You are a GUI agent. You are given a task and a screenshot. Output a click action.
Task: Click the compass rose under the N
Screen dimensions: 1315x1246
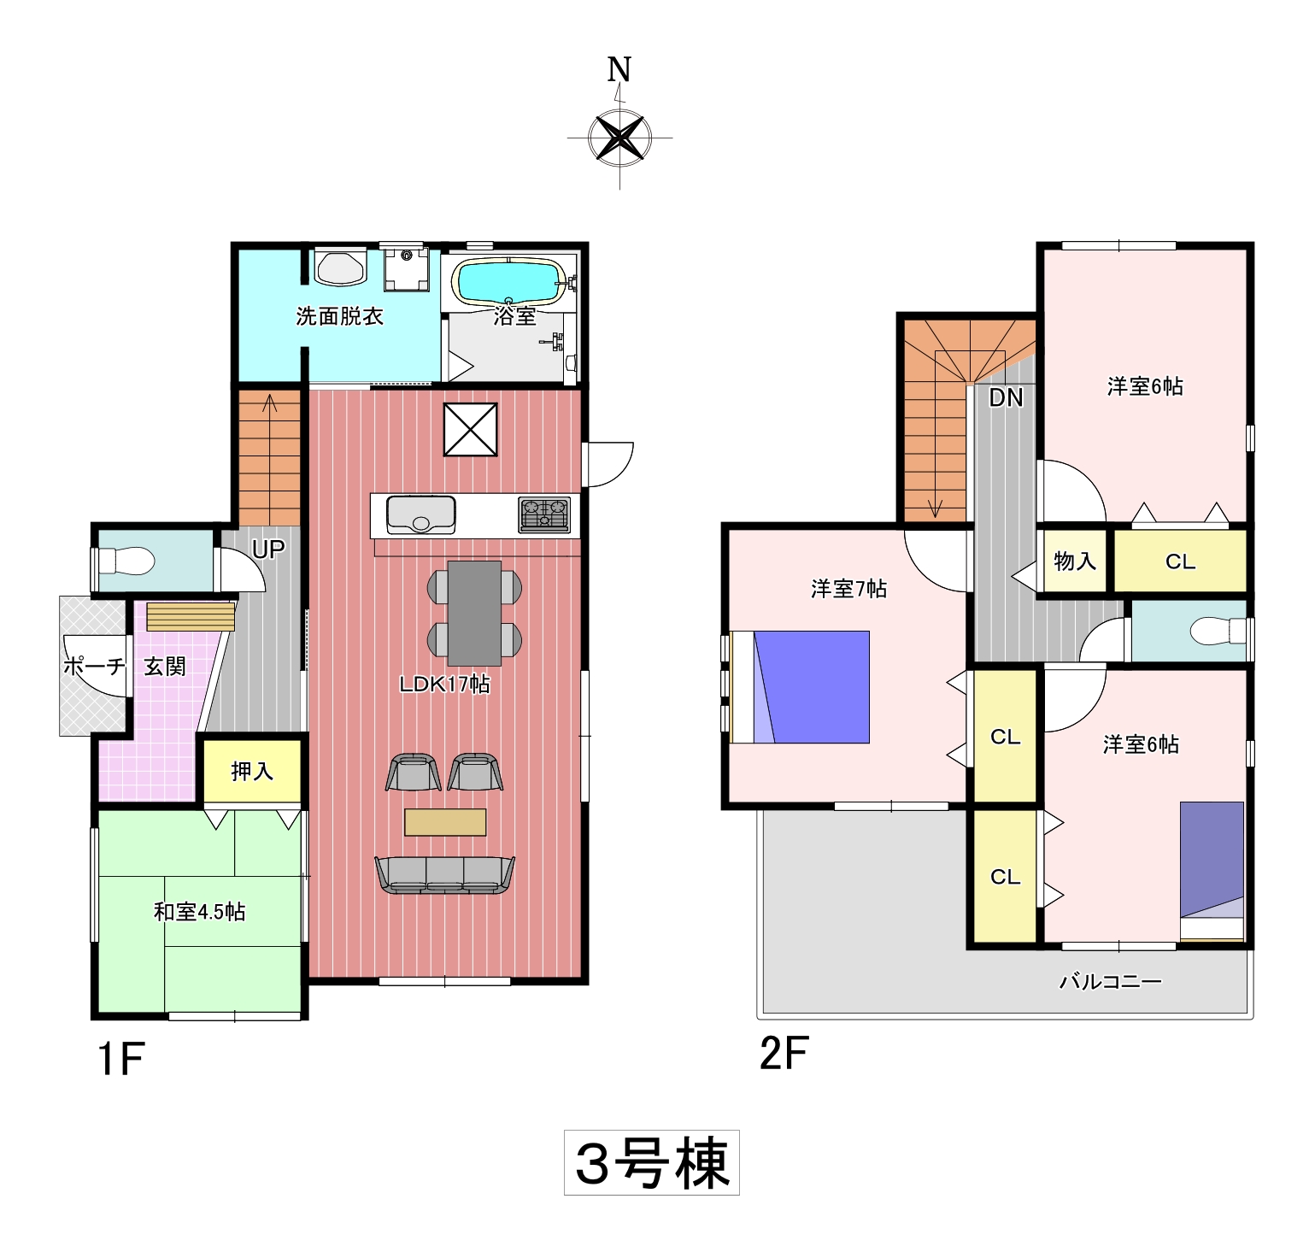[x=619, y=137]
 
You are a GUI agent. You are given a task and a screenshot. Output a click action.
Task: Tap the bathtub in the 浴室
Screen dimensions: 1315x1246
[x=509, y=282]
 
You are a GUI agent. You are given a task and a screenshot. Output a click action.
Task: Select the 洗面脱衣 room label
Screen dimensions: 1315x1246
[x=339, y=316]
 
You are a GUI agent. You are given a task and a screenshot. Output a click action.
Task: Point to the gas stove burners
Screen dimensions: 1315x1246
[x=544, y=514]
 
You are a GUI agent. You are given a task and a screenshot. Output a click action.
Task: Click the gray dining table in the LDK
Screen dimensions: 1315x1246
[x=474, y=613]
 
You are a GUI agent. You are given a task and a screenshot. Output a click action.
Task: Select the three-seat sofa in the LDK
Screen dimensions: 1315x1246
[x=444, y=875]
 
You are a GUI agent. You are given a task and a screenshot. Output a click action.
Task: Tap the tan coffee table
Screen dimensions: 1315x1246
[x=445, y=822]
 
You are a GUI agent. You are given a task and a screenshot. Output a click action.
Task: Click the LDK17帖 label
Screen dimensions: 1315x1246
[x=444, y=684]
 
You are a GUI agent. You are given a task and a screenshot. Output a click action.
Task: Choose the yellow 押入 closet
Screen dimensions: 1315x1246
[x=252, y=771]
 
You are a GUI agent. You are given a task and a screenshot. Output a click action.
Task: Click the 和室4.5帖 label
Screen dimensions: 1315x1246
[x=200, y=912]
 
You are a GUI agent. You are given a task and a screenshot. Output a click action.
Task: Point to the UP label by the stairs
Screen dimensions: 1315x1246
[x=268, y=550]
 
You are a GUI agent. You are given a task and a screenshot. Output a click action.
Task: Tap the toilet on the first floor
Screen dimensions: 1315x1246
[x=127, y=561]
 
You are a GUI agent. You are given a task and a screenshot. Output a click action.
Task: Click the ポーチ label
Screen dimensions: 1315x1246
[x=94, y=666]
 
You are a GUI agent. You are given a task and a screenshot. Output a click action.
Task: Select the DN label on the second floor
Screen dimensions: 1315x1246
[x=1006, y=397]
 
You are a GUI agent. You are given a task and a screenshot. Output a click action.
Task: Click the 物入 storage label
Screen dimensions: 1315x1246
[x=1075, y=561]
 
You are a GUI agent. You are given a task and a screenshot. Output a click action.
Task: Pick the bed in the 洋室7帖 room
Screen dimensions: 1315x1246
[x=801, y=687]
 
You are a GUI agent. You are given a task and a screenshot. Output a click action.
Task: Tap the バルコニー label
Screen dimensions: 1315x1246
[x=1111, y=981]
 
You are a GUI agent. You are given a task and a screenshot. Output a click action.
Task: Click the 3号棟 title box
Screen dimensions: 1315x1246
[x=652, y=1162]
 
